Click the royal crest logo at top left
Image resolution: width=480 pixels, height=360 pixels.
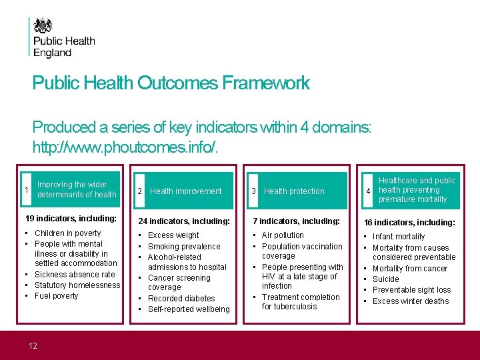click(x=44, y=26)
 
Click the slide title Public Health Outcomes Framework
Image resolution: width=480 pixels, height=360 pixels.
click(x=171, y=83)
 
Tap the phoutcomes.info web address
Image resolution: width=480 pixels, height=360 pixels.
click(x=125, y=145)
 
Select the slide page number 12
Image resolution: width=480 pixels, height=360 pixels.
click(x=32, y=345)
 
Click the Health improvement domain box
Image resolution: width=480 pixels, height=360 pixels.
click(x=185, y=191)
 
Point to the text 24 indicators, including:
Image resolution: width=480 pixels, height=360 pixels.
click(x=183, y=221)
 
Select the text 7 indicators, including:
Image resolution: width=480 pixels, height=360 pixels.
click(x=296, y=221)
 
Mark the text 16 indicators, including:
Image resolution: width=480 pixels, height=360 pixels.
click(x=409, y=223)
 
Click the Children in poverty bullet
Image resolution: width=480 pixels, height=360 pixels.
click(x=67, y=233)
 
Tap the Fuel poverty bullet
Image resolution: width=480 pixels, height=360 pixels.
click(x=56, y=296)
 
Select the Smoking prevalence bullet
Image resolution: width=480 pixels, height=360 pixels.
click(x=183, y=247)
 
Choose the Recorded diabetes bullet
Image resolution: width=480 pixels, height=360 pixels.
click(x=181, y=299)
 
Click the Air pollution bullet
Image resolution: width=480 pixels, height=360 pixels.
click(x=282, y=235)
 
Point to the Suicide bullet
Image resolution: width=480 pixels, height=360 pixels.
click(x=385, y=279)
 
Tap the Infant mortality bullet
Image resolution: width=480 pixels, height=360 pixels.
click(x=398, y=237)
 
